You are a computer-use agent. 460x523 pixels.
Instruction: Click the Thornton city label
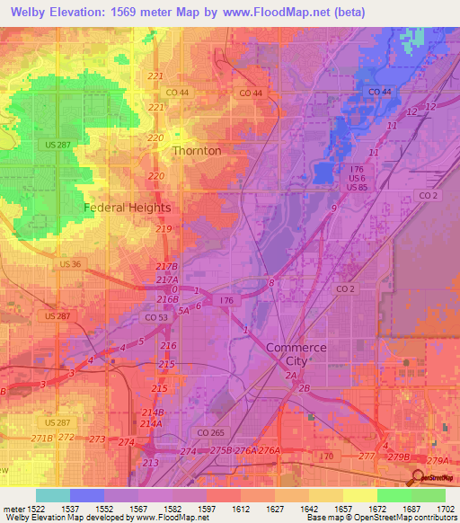click(x=196, y=151)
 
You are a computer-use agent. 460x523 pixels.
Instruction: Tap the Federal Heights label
click(x=127, y=207)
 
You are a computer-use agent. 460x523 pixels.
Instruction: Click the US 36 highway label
click(x=70, y=264)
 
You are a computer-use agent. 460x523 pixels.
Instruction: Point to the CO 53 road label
click(x=156, y=317)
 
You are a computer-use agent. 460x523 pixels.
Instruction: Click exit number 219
click(x=163, y=230)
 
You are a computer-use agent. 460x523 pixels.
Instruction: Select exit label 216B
click(x=168, y=298)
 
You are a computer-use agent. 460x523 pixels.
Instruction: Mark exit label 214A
click(x=151, y=423)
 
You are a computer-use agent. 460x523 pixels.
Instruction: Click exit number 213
click(x=150, y=463)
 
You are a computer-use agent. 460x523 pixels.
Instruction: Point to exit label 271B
click(x=41, y=438)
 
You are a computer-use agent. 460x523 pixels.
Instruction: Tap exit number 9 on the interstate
click(x=333, y=208)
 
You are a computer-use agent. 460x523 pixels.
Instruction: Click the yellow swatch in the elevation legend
click(x=359, y=495)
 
